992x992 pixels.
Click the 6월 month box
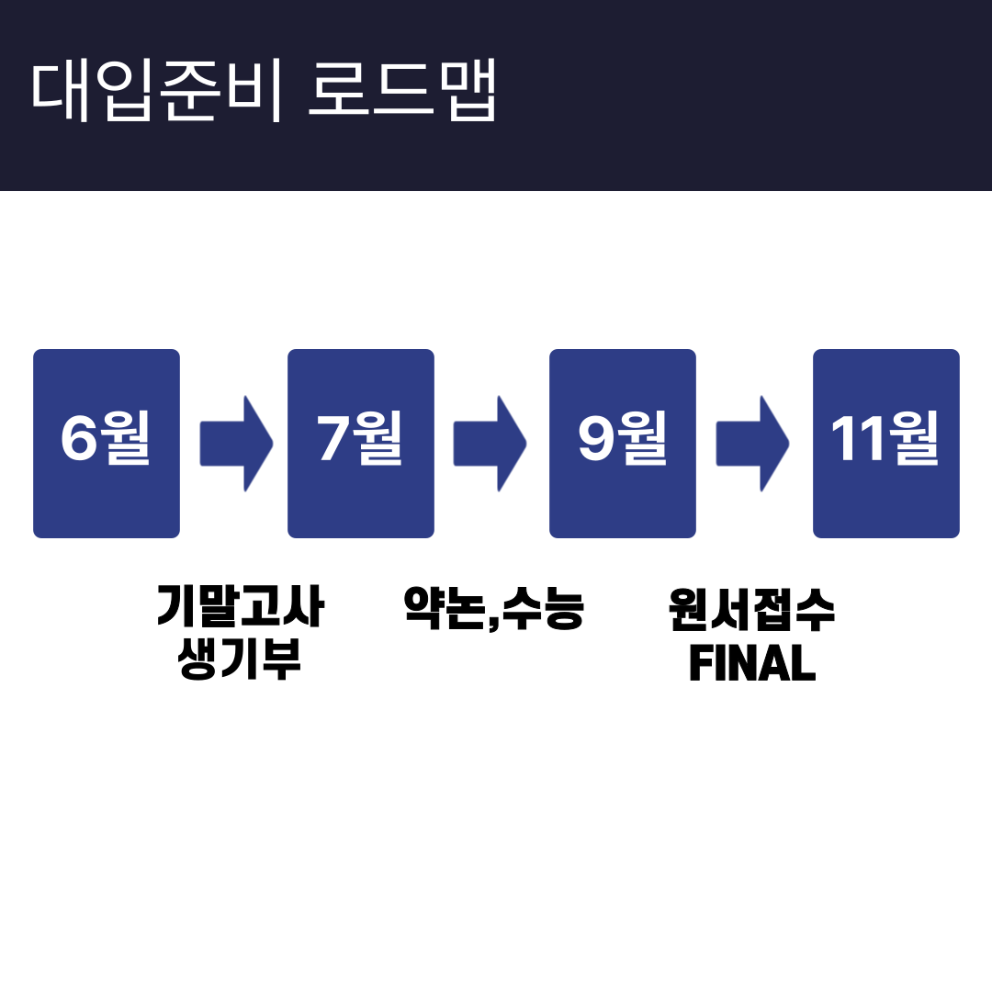point(107,444)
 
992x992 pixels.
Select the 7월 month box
point(361,444)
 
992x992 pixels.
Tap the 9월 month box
point(623,444)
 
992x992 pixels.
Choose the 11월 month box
point(886,444)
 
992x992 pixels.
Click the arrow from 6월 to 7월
point(237,444)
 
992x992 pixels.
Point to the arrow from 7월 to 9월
point(490,444)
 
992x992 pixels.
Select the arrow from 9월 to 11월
point(753,444)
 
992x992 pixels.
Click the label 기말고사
point(241,606)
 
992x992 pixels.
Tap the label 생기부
point(240,659)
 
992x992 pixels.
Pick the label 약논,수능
point(494,608)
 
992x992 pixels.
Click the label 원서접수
point(752,609)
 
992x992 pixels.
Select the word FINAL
point(752,662)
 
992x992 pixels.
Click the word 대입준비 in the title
point(156,91)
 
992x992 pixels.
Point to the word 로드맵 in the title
point(402,90)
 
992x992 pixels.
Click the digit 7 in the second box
point(333,437)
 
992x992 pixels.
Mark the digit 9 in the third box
point(595,436)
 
